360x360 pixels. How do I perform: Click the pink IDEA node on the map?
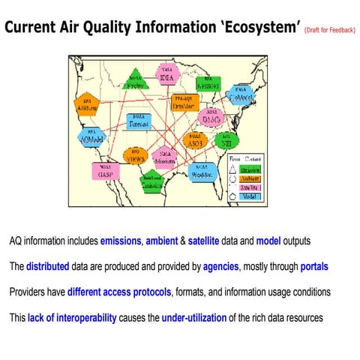click(x=166, y=75)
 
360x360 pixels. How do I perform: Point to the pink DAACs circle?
click(x=210, y=117)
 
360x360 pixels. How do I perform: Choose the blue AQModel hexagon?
click(x=90, y=136)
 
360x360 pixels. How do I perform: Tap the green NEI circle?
click(x=223, y=139)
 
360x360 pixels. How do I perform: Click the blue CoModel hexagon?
click(x=239, y=95)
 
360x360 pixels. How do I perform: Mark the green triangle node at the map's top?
click(x=135, y=82)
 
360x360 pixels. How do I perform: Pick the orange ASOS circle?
click(x=195, y=140)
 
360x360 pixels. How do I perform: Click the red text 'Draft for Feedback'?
click(x=329, y=31)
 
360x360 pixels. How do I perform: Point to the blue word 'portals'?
click(x=313, y=266)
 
